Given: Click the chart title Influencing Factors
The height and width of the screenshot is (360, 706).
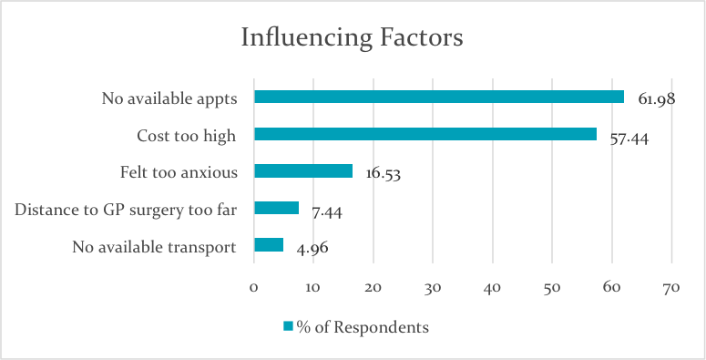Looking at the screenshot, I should click(352, 38).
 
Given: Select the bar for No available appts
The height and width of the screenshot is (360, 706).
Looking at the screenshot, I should click(438, 97).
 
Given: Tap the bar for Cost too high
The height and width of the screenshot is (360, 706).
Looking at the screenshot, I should click(425, 134).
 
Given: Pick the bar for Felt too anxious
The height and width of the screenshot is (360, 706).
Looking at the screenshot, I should click(302, 170).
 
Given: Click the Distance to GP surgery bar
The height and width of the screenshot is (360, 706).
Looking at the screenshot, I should click(276, 208).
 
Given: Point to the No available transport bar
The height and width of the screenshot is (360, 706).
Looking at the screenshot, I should click(269, 244).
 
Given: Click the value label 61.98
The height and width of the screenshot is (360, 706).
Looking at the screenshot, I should click(655, 98).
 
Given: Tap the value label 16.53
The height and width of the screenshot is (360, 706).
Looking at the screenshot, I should click(384, 174).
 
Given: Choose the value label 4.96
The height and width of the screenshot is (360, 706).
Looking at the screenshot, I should click(312, 247).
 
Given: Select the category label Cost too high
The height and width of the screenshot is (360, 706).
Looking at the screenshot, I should click(186, 135).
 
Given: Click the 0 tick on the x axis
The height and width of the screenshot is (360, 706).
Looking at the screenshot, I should click(253, 287).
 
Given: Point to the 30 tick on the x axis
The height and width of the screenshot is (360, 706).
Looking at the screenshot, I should click(433, 287).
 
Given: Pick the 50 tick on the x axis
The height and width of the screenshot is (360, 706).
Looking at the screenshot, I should click(552, 287).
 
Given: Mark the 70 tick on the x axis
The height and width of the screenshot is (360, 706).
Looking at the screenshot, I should click(671, 287).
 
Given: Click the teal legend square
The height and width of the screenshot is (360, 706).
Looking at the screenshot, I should click(287, 325).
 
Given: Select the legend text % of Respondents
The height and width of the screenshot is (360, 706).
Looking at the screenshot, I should click(363, 325).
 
